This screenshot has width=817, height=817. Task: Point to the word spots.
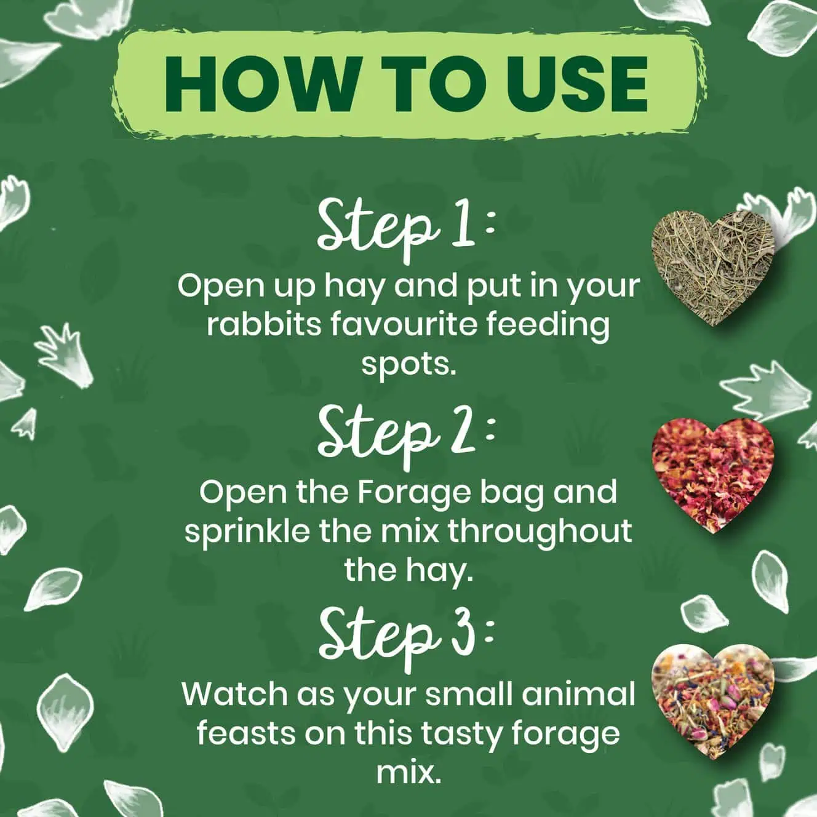[408, 365]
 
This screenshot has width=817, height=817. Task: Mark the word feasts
[247, 733]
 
